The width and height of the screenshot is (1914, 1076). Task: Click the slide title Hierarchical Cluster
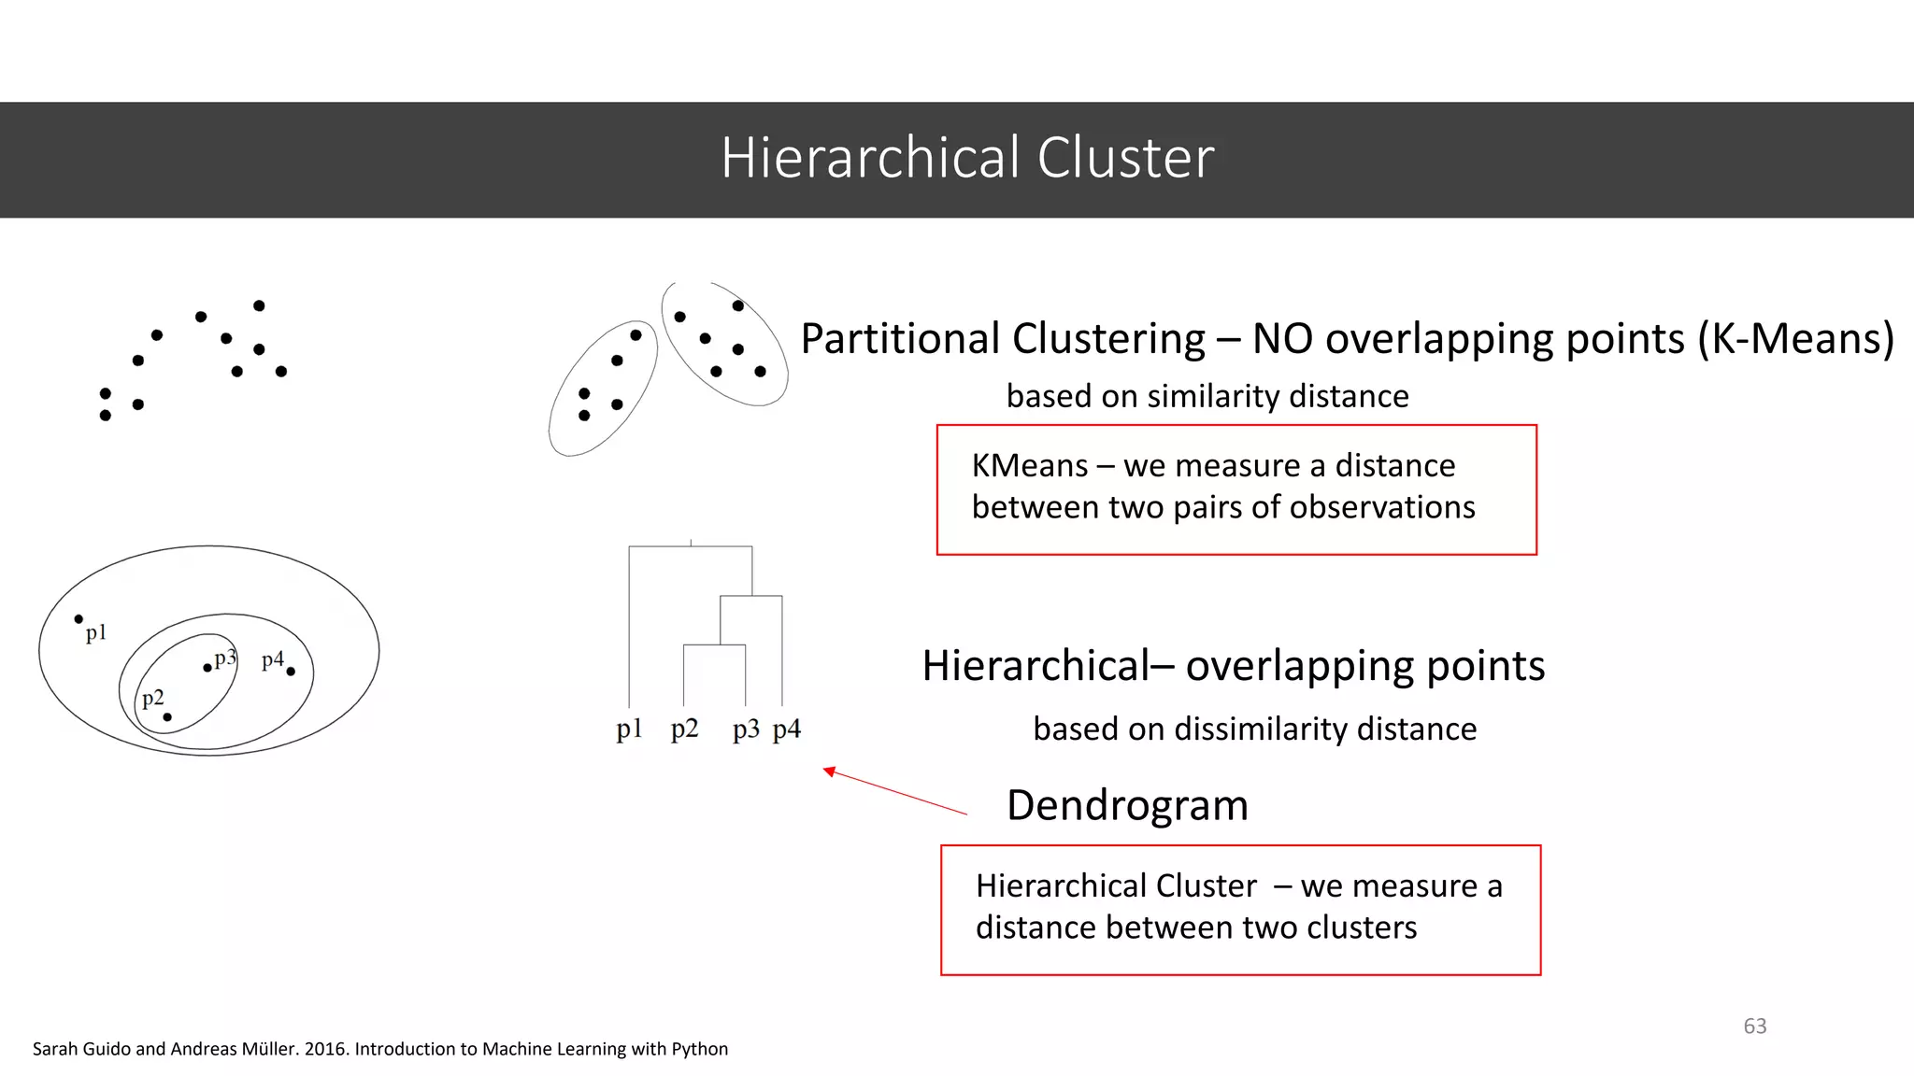pyautogui.click(x=967, y=158)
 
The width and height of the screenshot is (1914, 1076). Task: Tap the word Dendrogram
pyautogui.click(x=1127, y=805)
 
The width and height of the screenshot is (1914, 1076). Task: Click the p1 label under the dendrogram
pyautogui.click(x=629, y=729)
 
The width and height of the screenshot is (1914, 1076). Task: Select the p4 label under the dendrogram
pyautogui.click(x=787, y=729)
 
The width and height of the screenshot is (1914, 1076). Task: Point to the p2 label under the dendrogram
pyautogui.click(x=684, y=729)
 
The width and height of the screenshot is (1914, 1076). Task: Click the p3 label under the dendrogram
pyautogui.click(x=746, y=729)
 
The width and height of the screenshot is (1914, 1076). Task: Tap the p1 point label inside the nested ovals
pyautogui.click(x=96, y=633)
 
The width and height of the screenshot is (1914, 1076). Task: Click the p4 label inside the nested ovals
pyautogui.click(x=272, y=660)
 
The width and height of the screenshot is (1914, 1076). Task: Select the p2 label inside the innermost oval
pyautogui.click(x=152, y=699)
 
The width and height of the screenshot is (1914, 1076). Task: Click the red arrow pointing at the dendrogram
pyautogui.click(x=894, y=791)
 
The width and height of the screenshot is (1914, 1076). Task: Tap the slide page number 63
pyautogui.click(x=1754, y=1026)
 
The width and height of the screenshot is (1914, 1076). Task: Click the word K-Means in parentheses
pyautogui.click(x=1794, y=338)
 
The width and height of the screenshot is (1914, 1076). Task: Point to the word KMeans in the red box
pyautogui.click(x=1029, y=465)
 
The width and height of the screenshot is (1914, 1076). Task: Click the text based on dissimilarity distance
pyautogui.click(x=1254, y=729)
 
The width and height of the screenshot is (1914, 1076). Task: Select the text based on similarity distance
pyautogui.click(x=1207, y=396)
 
